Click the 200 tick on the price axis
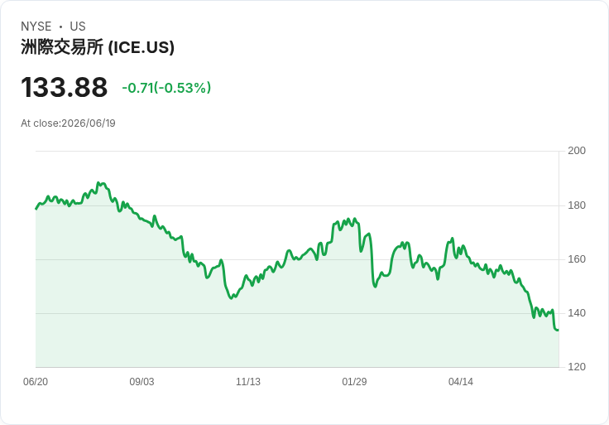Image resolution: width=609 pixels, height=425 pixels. coord(577,151)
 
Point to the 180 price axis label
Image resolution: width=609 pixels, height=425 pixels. coord(577,205)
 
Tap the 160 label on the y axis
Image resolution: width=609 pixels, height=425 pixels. coord(577,259)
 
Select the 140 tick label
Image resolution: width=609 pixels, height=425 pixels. coord(577,313)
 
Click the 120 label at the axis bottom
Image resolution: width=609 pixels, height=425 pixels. coord(577,367)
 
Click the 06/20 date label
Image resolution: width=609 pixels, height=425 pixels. coord(36,382)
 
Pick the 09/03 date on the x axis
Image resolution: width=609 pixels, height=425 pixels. coord(141,382)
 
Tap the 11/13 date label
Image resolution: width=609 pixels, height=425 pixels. coord(247,382)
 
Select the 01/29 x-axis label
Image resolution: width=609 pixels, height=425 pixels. coord(354,382)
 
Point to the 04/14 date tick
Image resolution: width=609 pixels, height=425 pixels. coord(461,382)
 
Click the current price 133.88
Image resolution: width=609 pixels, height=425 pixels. coord(64,87)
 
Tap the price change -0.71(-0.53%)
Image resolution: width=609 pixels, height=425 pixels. coord(166,88)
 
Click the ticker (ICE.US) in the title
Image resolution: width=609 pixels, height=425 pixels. coord(141,47)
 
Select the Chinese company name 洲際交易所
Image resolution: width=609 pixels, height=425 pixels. coord(62,47)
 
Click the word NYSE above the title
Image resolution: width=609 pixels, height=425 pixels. coord(36,27)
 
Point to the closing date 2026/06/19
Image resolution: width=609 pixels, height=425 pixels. coord(89,123)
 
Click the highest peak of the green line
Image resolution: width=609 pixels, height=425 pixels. coord(98,182)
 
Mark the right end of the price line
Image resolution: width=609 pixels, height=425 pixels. coord(559,330)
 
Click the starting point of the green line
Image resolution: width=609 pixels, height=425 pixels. coord(36,209)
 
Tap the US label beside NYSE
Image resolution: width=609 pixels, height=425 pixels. coord(78,27)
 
